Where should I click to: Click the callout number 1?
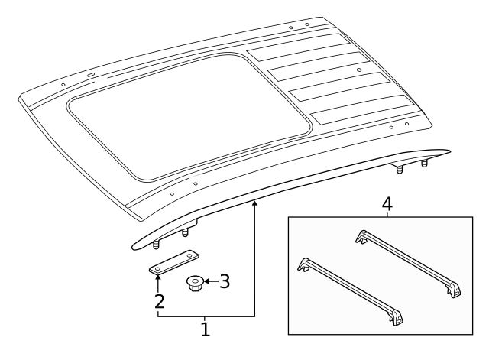tap(205, 330)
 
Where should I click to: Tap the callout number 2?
tap(158, 301)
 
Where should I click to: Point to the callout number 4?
tap(387, 205)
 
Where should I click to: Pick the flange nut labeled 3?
tap(194, 285)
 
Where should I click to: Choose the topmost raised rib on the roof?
tap(298, 49)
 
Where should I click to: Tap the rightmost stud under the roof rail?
tap(425, 163)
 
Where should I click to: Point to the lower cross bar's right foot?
tap(396, 318)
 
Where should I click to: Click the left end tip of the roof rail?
tap(135, 245)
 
